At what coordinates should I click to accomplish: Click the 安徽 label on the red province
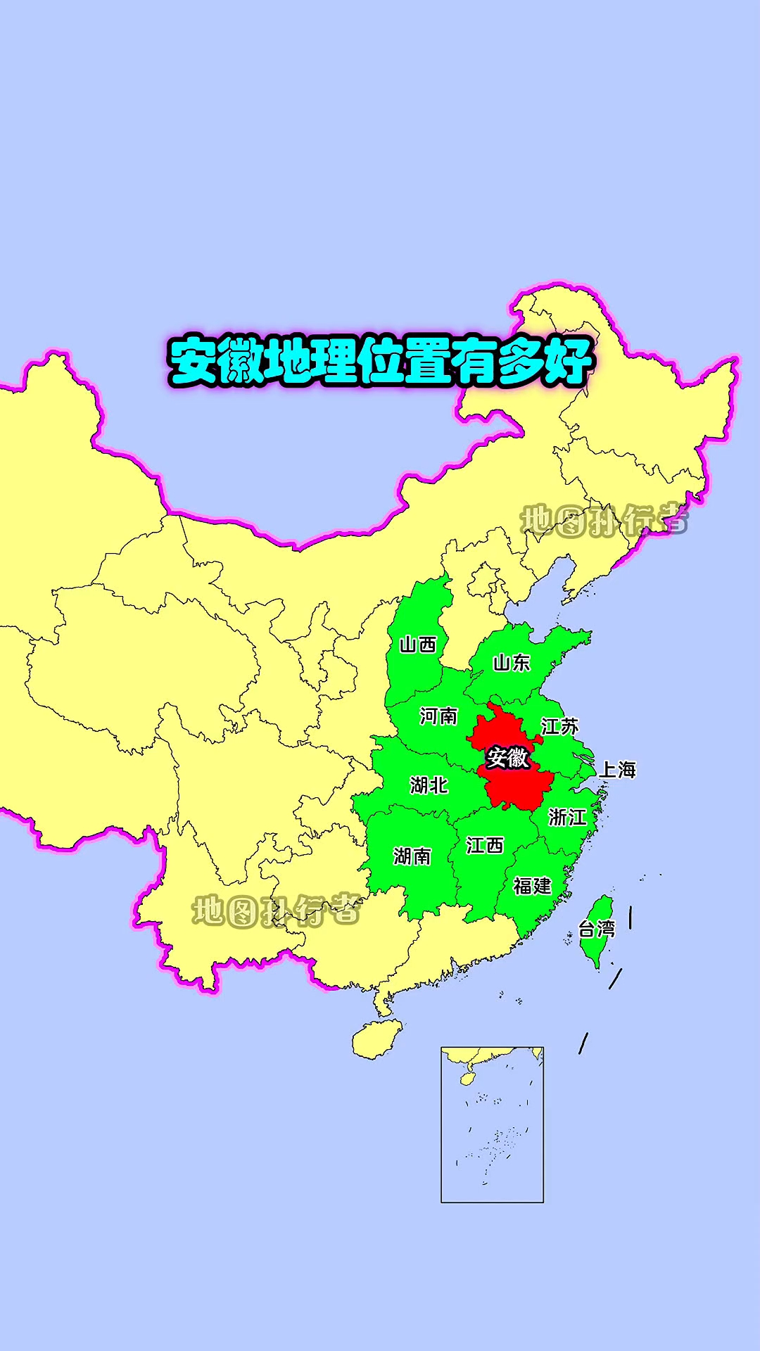pos(507,758)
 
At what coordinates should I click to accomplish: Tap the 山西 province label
pos(418,645)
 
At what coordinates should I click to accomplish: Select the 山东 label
pos(512,662)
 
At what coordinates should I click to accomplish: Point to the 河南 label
pos(438,716)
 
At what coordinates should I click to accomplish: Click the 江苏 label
pos(559,726)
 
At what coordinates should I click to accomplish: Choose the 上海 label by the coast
pos(617,770)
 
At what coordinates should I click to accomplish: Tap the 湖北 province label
pos(429,785)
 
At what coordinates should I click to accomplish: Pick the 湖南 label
pos(412,856)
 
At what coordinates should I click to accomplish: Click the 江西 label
pos(485,845)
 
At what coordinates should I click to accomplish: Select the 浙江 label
pos(567,817)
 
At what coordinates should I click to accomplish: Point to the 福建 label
pos(532,886)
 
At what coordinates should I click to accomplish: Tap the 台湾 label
pos(596,930)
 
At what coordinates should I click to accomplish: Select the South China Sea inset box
pos(492,1124)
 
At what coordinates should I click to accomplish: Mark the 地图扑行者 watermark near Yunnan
pos(276,911)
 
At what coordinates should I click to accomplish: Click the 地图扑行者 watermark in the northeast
pos(604,521)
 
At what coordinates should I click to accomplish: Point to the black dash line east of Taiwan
pos(630,917)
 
